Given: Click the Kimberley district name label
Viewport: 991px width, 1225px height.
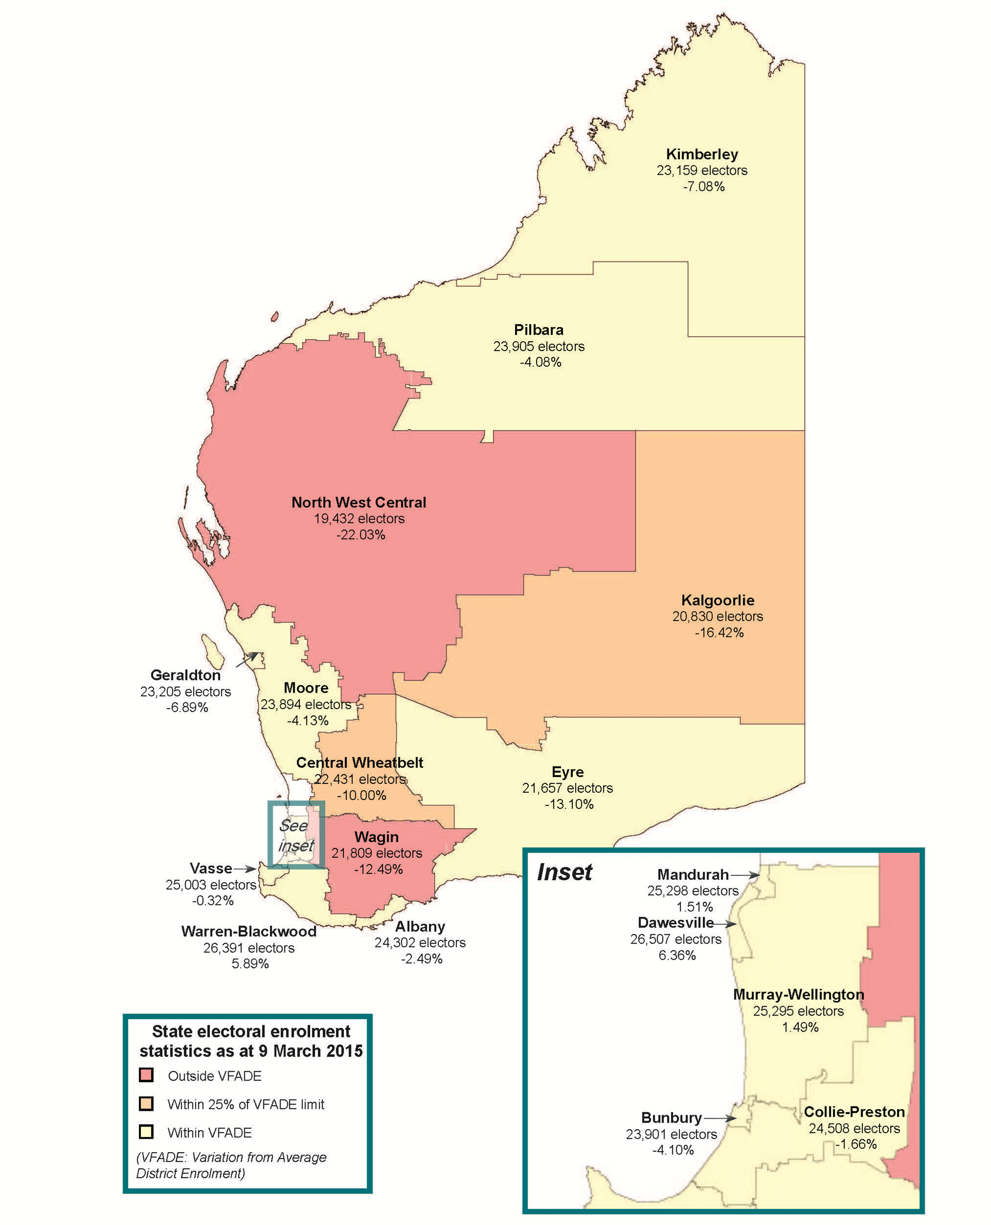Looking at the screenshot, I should click(x=702, y=154).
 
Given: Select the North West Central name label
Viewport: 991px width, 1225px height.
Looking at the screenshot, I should click(x=358, y=502).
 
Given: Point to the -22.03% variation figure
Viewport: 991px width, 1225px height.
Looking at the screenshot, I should click(x=360, y=535).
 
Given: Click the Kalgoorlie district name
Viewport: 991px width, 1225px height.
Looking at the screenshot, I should click(x=718, y=600).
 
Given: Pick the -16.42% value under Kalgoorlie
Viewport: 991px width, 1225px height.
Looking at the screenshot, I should click(x=719, y=633).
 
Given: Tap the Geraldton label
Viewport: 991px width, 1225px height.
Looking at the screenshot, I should click(x=186, y=675).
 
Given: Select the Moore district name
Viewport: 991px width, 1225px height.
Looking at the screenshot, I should click(x=306, y=687).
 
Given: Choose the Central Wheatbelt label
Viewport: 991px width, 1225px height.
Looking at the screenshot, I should click(x=360, y=763).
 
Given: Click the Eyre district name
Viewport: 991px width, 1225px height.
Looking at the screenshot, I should click(x=567, y=772).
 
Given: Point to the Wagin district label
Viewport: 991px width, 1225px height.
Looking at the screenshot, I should click(x=376, y=837).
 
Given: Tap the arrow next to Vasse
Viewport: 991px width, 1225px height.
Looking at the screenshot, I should click(x=245, y=869).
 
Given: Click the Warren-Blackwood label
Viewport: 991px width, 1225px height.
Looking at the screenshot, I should click(x=249, y=931).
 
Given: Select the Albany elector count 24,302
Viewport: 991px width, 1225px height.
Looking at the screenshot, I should click(x=420, y=942).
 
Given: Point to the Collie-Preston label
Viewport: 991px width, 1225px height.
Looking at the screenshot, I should click(x=854, y=1112).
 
